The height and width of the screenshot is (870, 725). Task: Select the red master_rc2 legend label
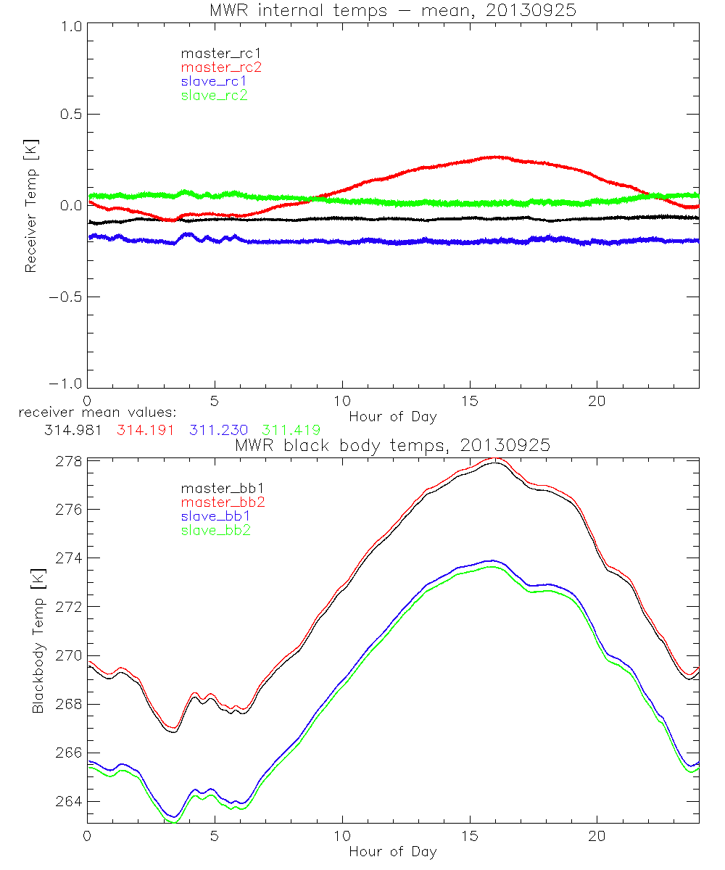(220, 67)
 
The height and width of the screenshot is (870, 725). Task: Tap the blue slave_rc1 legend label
(214, 81)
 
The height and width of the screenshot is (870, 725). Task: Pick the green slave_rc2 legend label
(214, 95)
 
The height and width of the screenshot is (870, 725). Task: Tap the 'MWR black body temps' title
(392, 445)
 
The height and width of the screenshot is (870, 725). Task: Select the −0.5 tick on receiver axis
(65, 297)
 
